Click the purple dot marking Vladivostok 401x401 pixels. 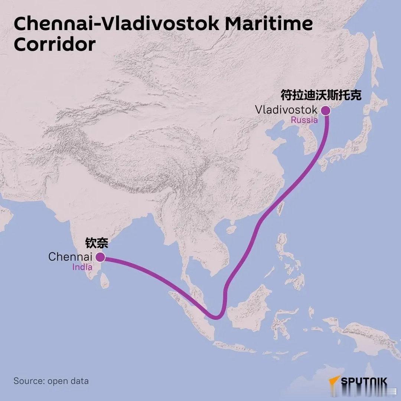[x=326, y=110]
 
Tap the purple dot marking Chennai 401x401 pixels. [x=100, y=257]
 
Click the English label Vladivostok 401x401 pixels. [x=286, y=110]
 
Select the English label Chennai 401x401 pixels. [x=70, y=257]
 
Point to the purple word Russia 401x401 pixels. [x=304, y=120]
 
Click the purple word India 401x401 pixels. [x=82, y=267]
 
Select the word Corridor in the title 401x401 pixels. [x=55, y=44]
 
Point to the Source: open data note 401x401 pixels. [x=51, y=381]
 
